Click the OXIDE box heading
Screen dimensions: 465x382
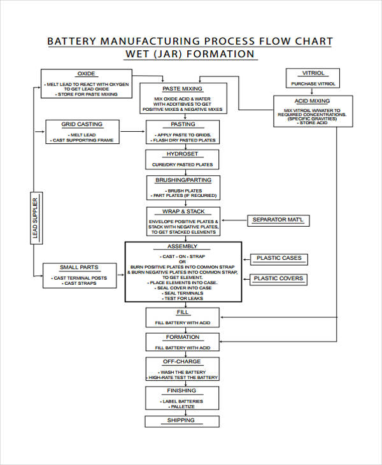tap(86, 73)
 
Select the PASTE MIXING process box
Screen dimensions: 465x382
tap(183, 99)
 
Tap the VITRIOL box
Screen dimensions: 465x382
tap(313, 78)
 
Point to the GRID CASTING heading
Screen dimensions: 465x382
tap(81, 124)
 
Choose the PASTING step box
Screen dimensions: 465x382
tap(183, 131)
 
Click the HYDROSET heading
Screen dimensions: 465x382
tap(183, 154)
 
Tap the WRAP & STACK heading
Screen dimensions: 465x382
tap(183, 211)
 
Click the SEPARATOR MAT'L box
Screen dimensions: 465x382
tap(278, 220)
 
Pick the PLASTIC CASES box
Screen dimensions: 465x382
tap(279, 259)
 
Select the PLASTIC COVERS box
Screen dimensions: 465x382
tap(279, 278)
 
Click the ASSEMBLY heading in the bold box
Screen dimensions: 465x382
tap(183, 247)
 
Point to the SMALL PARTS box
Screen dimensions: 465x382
tap(79, 275)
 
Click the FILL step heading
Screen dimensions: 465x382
tap(183, 313)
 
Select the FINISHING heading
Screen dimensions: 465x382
tap(183, 390)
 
